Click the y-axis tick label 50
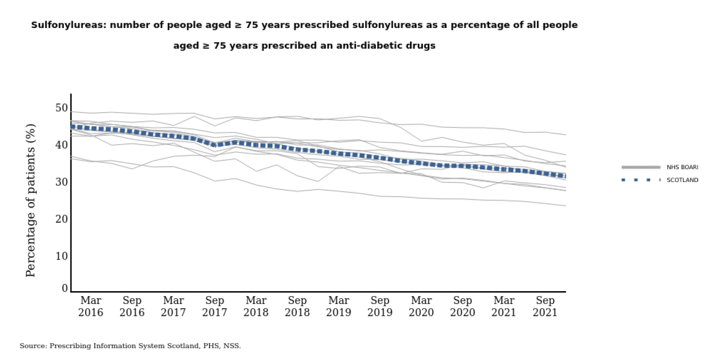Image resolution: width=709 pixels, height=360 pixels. (61, 108)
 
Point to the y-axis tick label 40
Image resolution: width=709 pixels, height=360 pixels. (61, 145)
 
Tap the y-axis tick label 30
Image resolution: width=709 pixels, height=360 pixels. (61, 182)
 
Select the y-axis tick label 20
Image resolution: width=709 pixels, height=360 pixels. (61, 219)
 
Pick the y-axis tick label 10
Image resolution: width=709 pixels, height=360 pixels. (61, 256)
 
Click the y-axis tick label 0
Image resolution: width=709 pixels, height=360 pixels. (64, 289)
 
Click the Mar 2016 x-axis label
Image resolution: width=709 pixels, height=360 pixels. (91, 306)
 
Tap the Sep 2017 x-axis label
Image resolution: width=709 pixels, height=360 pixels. (214, 306)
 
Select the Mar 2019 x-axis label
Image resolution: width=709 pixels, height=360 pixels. (339, 306)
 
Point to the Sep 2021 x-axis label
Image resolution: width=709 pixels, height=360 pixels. (545, 306)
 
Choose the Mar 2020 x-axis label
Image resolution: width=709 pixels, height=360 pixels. (421, 306)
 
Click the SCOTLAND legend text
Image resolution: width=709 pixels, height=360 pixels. (682, 180)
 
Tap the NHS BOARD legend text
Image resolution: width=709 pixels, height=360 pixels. (682, 167)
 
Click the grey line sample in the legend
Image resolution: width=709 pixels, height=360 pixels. (641, 167)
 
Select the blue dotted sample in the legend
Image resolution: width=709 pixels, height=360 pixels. (641, 180)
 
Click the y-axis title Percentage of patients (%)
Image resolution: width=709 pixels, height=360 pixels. (30, 200)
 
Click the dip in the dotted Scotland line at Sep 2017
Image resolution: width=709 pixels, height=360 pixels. (214, 145)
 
